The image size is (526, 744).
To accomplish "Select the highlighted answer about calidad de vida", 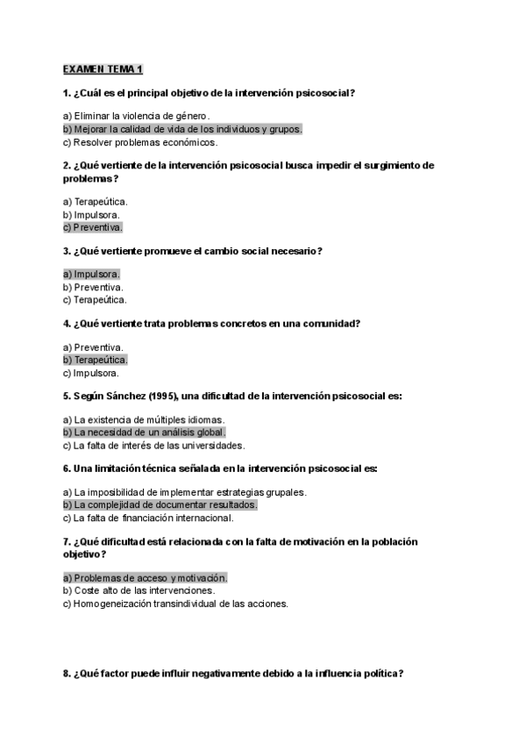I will pos(182,129).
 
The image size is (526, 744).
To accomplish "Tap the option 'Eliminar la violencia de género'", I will pos(136,116).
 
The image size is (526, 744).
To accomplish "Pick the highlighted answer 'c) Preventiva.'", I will pos(92,226).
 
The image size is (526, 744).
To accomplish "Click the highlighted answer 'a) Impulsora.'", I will pos(91,274).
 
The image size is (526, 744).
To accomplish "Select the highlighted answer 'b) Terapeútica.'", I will pos(95,360).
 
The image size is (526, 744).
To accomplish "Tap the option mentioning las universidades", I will pos(153,445).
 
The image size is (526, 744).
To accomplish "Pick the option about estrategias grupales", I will pos(184,492).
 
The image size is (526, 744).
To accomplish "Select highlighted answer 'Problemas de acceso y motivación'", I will pos(145,577).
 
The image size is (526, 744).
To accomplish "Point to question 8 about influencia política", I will pos(233,674).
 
